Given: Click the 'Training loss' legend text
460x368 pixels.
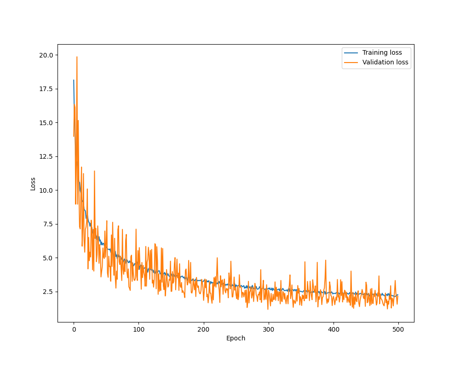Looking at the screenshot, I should coord(382,52).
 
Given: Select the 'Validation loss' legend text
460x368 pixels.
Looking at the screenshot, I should coord(385,62).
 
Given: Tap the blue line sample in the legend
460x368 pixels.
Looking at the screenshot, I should coord(351,52).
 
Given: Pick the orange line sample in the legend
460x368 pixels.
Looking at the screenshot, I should coord(351,62).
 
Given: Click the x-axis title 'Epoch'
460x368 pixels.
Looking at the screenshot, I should coord(236,338).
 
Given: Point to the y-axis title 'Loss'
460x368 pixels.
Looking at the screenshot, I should coord(33,184).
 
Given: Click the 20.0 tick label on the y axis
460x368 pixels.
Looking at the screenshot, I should coord(46,55).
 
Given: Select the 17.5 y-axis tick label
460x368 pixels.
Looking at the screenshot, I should coord(46,89).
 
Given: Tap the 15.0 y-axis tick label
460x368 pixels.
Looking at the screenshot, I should coord(46,123).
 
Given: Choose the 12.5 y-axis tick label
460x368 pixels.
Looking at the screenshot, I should coord(46,156).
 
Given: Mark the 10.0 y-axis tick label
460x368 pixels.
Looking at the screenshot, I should coord(46,190).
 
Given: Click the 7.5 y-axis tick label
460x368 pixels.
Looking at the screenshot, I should coord(48,224).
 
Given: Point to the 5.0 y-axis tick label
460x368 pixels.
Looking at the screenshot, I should coord(48,258).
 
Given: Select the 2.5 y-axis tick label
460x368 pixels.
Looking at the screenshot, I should coord(48,292).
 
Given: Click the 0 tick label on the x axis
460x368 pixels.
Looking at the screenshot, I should coord(74,329).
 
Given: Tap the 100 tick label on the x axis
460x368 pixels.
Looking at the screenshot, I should coord(138,329).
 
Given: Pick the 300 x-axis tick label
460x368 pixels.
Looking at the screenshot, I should coord(268,329).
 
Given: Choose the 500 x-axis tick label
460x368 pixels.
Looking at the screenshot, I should coord(398,329).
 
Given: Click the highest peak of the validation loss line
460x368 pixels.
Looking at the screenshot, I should coord(77,57).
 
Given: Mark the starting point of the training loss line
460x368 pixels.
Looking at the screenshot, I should coord(74,80).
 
